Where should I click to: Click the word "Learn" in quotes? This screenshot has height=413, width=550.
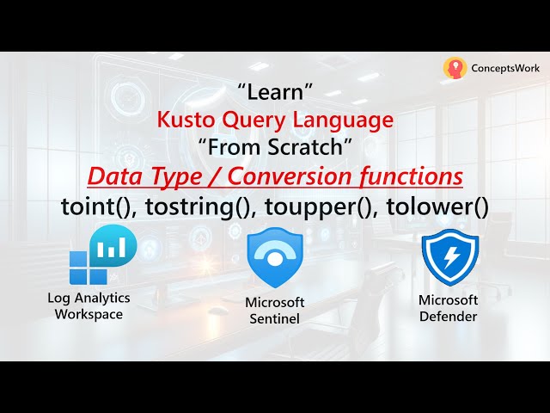point(274,90)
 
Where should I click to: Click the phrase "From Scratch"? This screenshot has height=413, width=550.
point(275,147)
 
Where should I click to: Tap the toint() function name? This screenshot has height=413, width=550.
point(93,207)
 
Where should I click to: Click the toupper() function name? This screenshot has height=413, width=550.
point(306,207)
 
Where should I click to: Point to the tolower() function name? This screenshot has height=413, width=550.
point(427,207)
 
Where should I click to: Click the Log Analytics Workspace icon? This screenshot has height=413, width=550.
point(102,256)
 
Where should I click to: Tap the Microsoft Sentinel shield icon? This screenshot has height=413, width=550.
point(275,258)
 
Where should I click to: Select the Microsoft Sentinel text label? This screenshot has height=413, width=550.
point(275,310)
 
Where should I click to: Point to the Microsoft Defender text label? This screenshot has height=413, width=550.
point(448,307)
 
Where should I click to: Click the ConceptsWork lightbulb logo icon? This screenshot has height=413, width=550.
point(455,68)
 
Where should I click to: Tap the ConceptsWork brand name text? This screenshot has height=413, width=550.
point(505,68)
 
